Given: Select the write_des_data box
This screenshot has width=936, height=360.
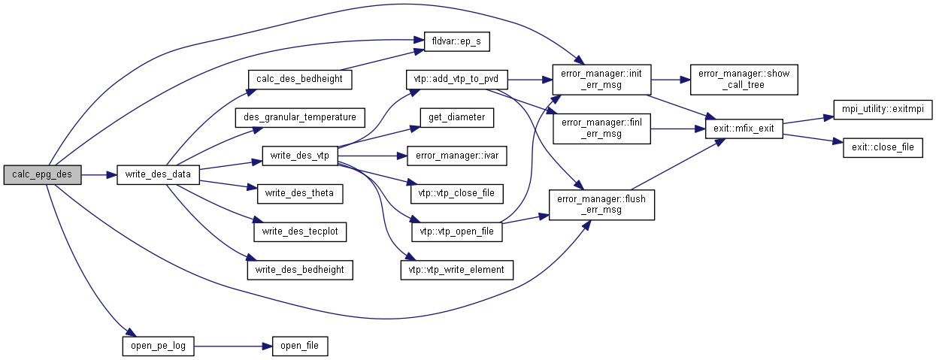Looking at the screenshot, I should point(157,175).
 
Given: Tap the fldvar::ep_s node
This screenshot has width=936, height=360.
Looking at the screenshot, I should point(456,41).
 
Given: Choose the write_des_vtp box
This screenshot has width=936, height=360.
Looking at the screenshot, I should point(300,156).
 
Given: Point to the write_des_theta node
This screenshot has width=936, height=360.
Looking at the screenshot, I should point(300,194).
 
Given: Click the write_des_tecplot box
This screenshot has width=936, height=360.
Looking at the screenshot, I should point(300,231).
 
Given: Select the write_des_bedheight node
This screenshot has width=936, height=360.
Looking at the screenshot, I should point(300,269).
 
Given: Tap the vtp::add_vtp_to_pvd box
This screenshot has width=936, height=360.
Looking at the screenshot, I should point(456,78).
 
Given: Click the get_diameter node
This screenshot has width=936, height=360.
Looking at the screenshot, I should point(456,117).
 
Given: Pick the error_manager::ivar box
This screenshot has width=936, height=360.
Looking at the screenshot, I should point(456,156).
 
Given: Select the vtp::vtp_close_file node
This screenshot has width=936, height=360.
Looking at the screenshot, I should point(456,194).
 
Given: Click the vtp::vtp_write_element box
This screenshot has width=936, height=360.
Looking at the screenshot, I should point(456,269).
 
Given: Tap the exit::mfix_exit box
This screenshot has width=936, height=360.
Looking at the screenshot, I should point(744,130).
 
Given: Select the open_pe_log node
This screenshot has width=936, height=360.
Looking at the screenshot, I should point(158,346).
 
